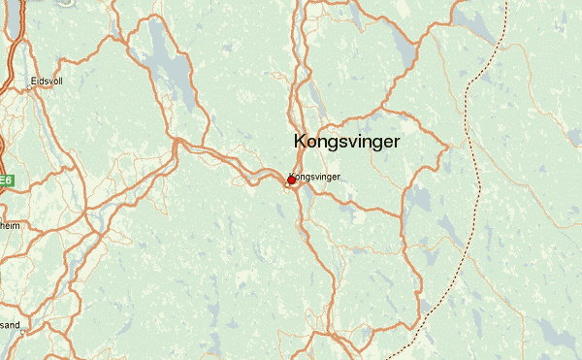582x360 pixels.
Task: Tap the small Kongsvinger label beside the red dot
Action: (x=314, y=177)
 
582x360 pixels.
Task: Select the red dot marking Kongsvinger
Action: (x=291, y=180)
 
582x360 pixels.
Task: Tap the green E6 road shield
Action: (x=6, y=180)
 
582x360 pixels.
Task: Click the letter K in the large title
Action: (x=300, y=141)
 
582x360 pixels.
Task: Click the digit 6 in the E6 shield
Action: (x=9, y=180)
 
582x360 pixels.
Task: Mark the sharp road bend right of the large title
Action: (x=447, y=146)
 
